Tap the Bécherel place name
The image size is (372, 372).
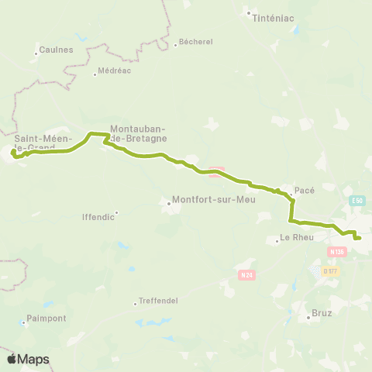[195, 43]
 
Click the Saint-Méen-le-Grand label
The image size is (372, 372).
[35, 143]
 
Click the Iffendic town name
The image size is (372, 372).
[98, 217]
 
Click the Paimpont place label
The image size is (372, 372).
[46, 318]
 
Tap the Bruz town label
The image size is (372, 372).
[321, 315]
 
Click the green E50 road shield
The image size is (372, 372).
[356, 201]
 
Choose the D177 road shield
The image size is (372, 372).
[331, 270]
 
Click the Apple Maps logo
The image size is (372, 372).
[27, 359]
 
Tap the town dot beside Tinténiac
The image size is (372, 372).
[248, 12]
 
